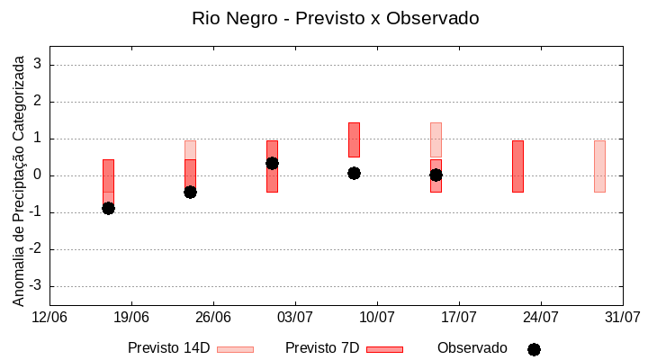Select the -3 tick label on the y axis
(35, 286)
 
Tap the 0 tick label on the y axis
(38, 175)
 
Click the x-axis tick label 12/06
(49, 317)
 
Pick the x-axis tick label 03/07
(295, 317)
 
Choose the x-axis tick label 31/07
(623, 317)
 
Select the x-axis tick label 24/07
(541, 317)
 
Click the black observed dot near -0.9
(108, 208)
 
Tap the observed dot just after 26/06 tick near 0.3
(272, 163)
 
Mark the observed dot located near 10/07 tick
(354, 173)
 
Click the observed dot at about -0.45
(190, 192)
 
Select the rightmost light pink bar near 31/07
(599, 166)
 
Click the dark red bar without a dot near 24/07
(517, 166)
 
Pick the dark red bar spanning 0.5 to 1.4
(354, 139)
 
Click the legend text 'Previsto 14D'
(168, 348)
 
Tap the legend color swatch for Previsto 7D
(384, 349)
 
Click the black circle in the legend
(534, 349)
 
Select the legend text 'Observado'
(472, 348)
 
